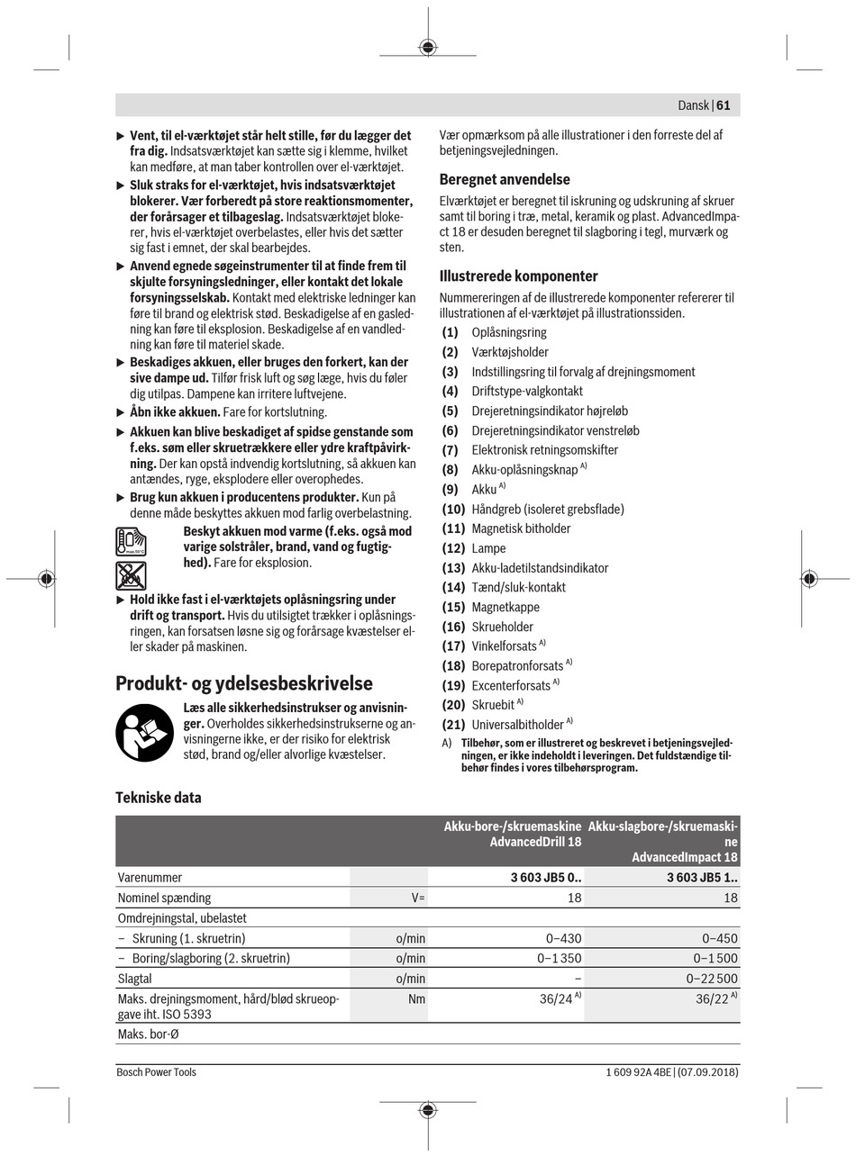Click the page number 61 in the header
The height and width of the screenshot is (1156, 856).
[724, 105]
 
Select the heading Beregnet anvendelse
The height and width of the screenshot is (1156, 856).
[505, 179]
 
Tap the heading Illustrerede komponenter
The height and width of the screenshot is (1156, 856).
[518, 276]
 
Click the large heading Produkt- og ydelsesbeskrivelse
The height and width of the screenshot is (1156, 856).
[243, 683]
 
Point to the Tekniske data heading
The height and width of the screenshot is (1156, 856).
[159, 798]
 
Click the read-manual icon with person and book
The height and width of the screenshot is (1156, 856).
[144, 732]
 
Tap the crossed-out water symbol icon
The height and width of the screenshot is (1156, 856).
[131, 575]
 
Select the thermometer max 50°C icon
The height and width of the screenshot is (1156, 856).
[131, 542]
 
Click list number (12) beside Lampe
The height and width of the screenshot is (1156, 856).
[453, 548]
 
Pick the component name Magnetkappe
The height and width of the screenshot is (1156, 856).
[505, 608]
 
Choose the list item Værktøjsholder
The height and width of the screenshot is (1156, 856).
[510, 352]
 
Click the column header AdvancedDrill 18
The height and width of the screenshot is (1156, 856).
[513, 835]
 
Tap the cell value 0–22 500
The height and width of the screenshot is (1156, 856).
[712, 979]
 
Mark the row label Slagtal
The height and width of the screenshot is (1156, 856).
[135, 979]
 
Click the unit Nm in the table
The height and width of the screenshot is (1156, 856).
[416, 998]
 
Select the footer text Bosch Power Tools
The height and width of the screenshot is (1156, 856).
[156, 1072]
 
